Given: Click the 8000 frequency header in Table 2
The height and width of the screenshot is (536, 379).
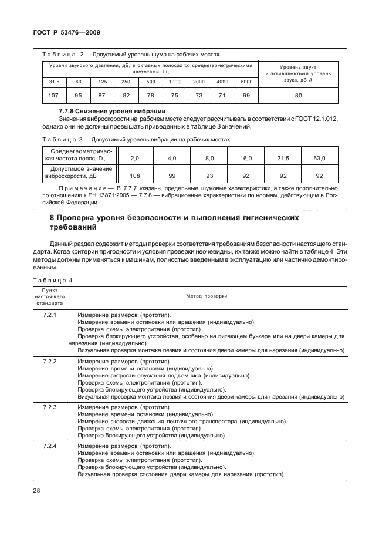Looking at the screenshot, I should coord(246,81).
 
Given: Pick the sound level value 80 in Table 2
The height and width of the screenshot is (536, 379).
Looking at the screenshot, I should coord(298,95).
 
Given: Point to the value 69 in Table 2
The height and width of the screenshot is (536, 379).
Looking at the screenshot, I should coord(246,95).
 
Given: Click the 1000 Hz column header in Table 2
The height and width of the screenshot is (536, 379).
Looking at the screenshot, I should coord(175,81).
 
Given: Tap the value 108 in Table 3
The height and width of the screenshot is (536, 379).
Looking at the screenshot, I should coord(135,175).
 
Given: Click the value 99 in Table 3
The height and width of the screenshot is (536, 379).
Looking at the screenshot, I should coord(172,175).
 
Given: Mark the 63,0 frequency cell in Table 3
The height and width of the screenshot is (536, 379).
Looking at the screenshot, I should coord(319,159).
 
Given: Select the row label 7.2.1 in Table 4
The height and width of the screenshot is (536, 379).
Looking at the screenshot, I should coord(50,316).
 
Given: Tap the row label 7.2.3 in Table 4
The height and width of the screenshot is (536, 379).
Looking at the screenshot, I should coord(50,406).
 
